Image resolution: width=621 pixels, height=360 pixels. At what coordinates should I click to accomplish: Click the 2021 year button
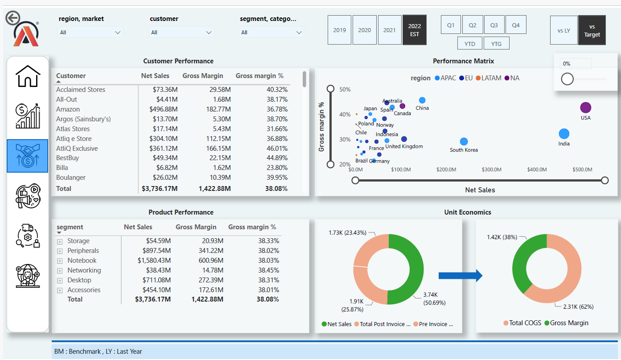pyautogui.click(x=390, y=30)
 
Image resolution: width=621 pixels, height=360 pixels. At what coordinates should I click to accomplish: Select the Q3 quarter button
pyautogui.click(x=494, y=25)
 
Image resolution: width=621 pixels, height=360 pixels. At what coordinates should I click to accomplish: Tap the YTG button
pyautogui.click(x=496, y=44)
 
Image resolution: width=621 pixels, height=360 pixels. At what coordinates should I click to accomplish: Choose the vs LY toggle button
pyautogui.click(x=563, y=31)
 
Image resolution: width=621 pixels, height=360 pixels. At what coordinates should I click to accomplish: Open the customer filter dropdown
pyautogui.click(x=181, y=32)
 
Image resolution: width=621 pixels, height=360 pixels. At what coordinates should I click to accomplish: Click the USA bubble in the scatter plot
pyautogui.click(x=585, y=108)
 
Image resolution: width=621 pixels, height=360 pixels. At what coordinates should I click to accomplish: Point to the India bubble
pyautogui.click(x=564, y=133)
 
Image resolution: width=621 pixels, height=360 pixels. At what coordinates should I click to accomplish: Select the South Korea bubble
pyautogui.click(x=464, y=141)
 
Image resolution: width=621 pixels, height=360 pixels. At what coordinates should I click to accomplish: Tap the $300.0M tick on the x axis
pyautogui.click(x=492, y=170)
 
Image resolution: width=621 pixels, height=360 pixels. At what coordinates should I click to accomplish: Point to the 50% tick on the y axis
pyautogui.click(x=345, y=90)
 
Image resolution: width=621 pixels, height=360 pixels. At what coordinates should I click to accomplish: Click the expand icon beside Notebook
pyautogui.click(x=60, y=261)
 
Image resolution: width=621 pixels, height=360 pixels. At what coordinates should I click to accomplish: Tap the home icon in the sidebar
pyautogui.click(x=28, y=76)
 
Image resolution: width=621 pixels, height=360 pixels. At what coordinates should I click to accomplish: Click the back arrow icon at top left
pyautogui.click(x=12, y=18)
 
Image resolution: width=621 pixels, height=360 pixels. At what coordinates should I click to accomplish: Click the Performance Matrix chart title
pyautogui.click(x=463, y=61)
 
